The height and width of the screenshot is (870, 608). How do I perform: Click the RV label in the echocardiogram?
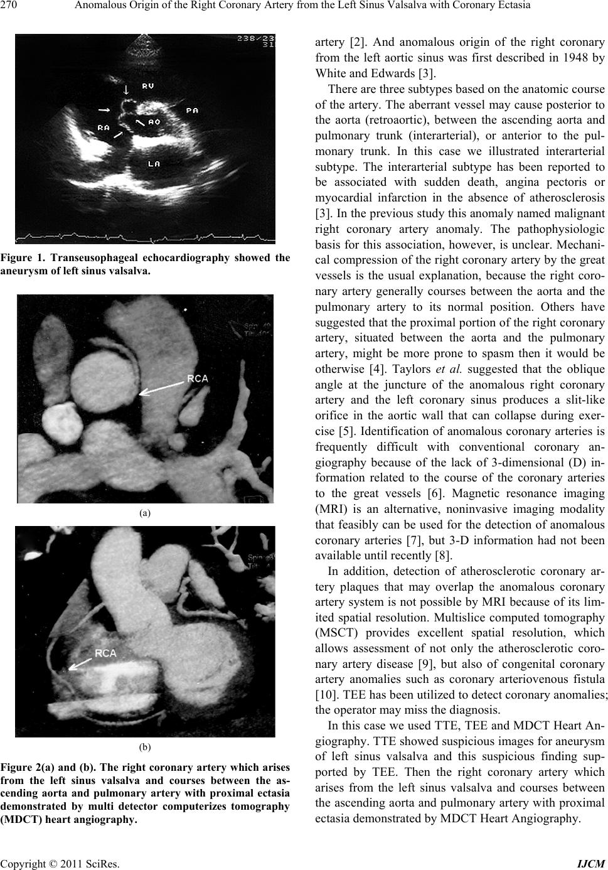[149, 85]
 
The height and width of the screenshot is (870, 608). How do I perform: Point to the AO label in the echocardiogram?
[154, 121]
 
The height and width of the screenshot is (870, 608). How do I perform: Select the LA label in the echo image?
[154, 164]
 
